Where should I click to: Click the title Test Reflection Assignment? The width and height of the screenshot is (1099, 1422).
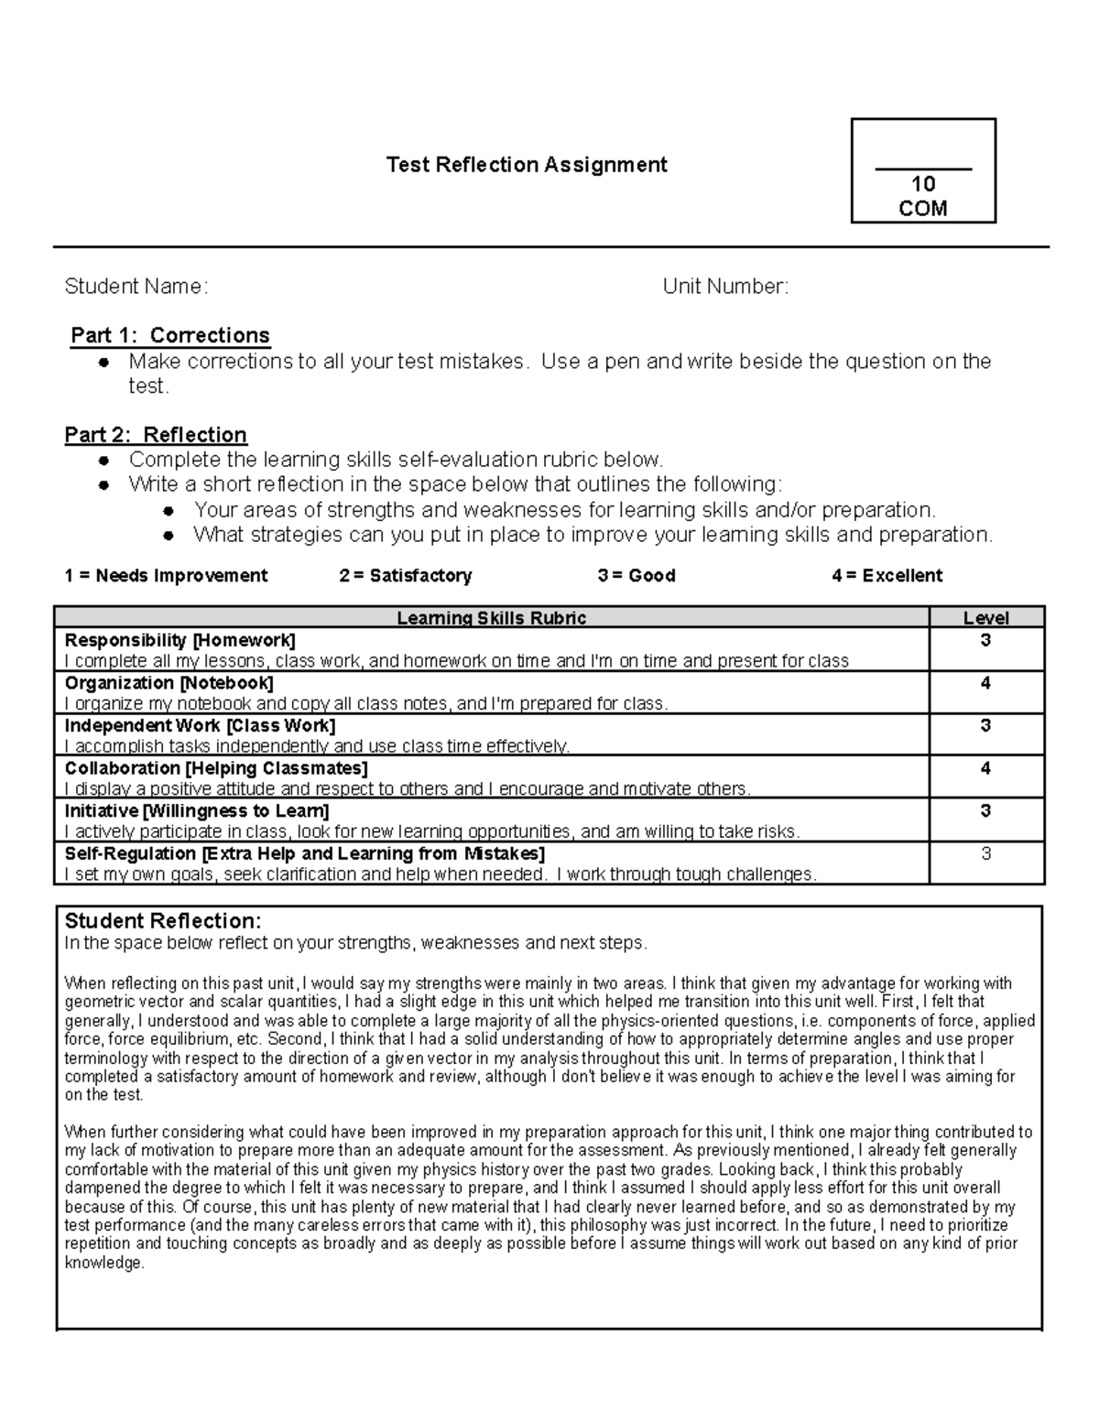coord(527,165)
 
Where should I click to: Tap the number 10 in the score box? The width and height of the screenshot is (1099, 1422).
coord(922,185)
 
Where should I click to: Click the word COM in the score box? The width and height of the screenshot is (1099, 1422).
coord(922,209)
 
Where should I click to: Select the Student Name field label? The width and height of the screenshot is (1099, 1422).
coord(136,287)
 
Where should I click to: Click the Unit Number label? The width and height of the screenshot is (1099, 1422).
coord(725,287)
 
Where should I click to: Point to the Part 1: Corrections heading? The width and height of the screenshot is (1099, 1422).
coord(170,335)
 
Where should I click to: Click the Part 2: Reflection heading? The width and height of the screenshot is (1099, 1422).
coord(156,435)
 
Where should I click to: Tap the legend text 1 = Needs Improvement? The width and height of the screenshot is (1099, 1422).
coord(166,576)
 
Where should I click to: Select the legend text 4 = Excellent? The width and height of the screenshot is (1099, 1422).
coord(887,576)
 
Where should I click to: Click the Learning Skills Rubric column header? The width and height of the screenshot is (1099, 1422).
coord(491,618)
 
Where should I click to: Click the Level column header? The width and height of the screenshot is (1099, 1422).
coord(985,619)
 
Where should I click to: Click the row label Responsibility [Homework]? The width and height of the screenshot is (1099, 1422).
coord(180,640)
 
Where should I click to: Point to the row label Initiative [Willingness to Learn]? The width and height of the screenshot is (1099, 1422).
coord(197,810)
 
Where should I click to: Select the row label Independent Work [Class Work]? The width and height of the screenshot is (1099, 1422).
coord(200,725)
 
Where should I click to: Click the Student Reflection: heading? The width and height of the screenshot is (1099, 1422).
coord(163,921)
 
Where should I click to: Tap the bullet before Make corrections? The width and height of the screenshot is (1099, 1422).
coord(105,363)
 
